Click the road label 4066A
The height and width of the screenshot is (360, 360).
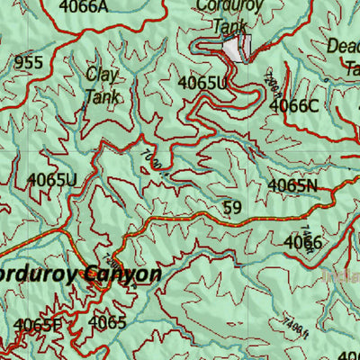tap(83, 8)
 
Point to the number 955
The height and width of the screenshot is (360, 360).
tap(28, 63)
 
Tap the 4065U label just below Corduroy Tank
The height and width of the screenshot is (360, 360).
tap(202, 83)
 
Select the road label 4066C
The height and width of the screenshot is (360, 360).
tap(294, 105)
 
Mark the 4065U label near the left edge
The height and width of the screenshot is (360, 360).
tap(51, 179)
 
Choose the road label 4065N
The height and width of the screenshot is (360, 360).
tap(293, 186)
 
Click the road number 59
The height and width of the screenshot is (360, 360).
tap(232, 208)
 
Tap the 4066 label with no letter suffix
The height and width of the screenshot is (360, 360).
tap(302, 241)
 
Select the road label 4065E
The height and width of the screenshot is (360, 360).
tap(37, 325)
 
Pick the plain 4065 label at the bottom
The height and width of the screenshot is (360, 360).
tap(107, 322)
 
